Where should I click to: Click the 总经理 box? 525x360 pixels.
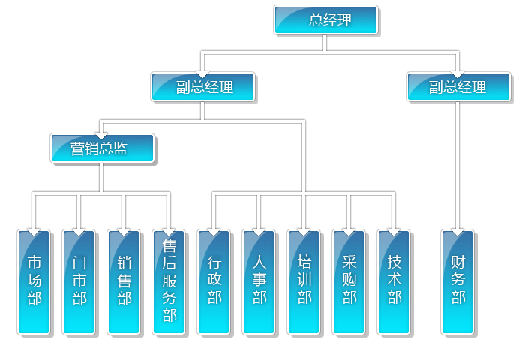pos(326,20)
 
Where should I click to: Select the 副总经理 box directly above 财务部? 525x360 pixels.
pos(458,86)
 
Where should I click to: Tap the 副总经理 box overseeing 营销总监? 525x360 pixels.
pos(202,86)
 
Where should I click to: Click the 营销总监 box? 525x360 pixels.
pos(102,148)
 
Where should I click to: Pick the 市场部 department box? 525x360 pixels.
pos(34,281)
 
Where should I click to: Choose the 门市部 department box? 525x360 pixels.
pos(79,281)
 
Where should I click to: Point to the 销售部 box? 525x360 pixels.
pos(124,281)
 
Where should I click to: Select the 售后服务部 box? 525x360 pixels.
pos(169,281)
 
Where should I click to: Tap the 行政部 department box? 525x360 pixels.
pos(214,281)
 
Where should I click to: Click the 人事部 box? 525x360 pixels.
pos(259,281)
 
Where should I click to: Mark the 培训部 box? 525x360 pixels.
pos(304,281)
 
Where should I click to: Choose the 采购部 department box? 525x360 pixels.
pos(349,281)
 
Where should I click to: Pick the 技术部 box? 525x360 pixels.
pos(394,281)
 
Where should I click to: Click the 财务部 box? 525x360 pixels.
pos(458,281)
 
